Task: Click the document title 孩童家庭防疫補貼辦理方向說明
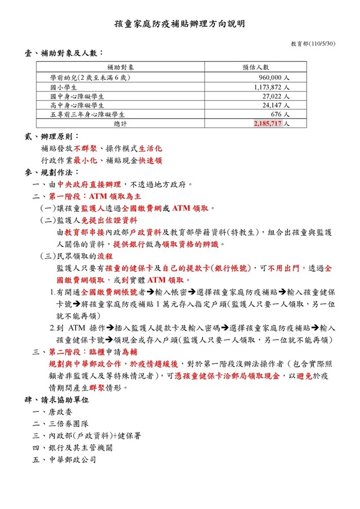pos(179,24)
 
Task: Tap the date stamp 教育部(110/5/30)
pos(313,43)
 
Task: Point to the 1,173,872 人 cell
pos(272,87)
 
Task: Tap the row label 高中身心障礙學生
pos(78,105)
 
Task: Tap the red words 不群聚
pos(85,149)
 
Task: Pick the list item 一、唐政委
pos(53,412)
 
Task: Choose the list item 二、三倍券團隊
pos(61,424)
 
